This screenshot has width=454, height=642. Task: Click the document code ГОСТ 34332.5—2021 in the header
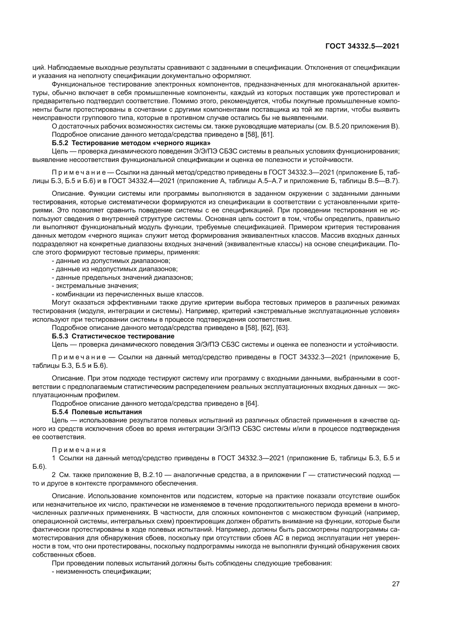tap(362, 46)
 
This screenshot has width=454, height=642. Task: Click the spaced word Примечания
tap(79, 450)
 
